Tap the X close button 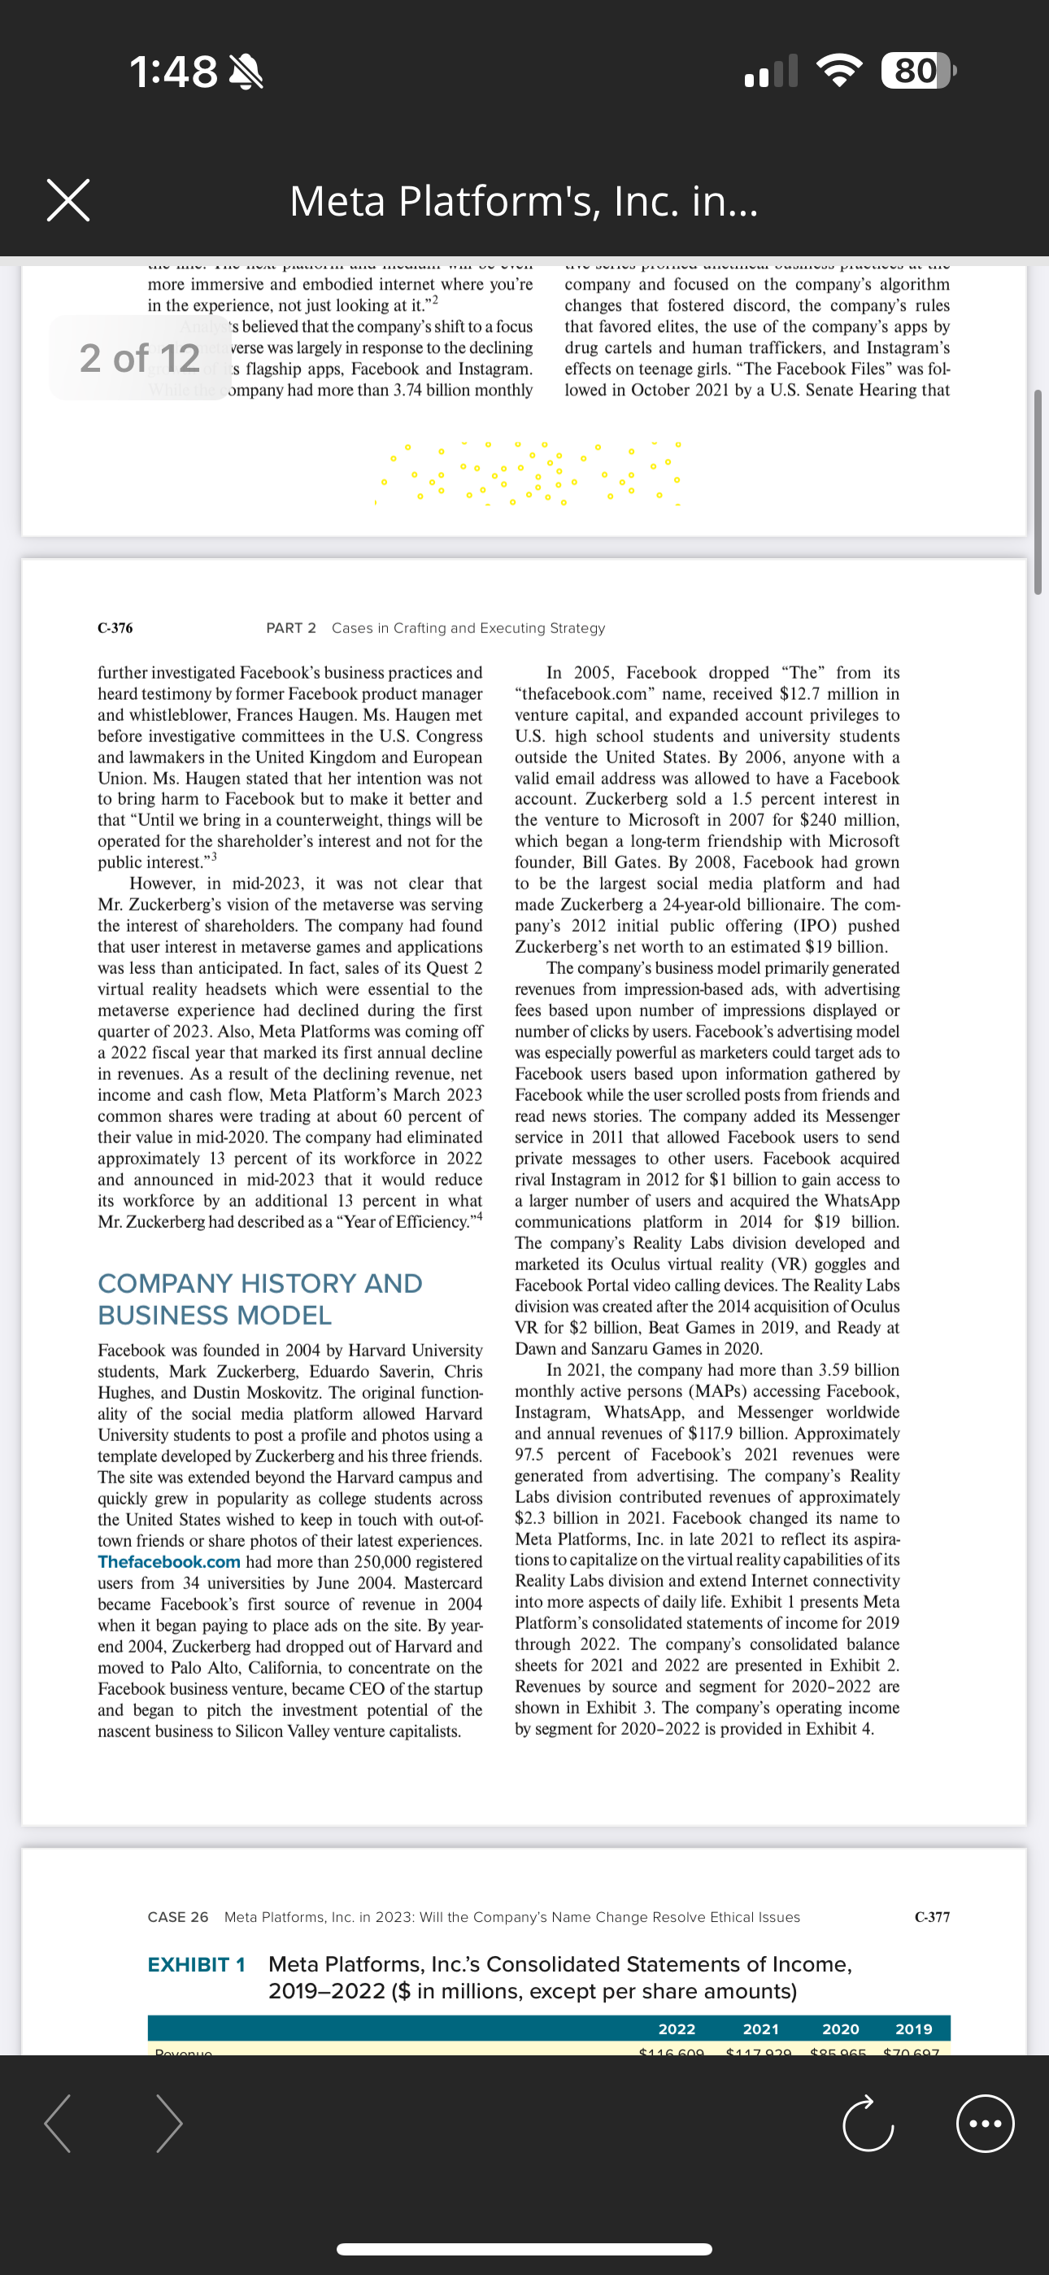(x=68, y=200)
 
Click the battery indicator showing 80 (x=916, y=71)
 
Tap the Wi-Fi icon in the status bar (x=839, y=72)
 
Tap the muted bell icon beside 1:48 (x=246, y=72)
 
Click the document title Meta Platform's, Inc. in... (x=524, y=201)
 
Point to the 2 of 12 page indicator (x=140, y=358)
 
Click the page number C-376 (x=115, y=628)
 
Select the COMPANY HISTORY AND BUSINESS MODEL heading (x=259, y=1299)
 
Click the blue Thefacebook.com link (x=168, y=1561)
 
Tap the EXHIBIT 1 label (x=196, y=1964)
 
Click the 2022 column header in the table (x=677, y=2028)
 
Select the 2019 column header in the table (x=913, y=2028)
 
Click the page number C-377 (x=932, y=1916)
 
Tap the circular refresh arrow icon (x=867, y=2123)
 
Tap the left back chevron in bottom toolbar (x=59, y=2123)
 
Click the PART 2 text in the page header (x=290, y=628)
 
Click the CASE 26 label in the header (x=177, y=1916)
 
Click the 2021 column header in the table (x=760, y=2028)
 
